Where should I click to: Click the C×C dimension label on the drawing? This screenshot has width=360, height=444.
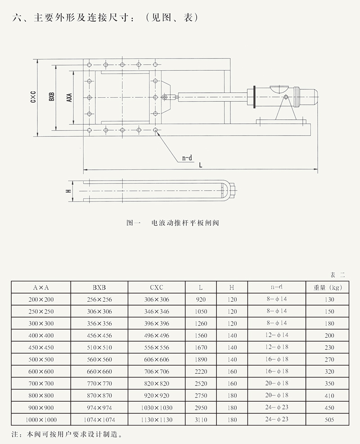[x=33, y=97]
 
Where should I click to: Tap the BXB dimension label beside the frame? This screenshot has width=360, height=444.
[x=52, y=97]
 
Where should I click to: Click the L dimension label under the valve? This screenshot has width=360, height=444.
[x=200, y=165]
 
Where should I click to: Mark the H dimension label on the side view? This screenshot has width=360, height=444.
[x=68, y=191]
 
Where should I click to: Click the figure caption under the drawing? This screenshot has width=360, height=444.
[x=173, y=222]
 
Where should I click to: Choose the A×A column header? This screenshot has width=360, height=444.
[x=41, y=287]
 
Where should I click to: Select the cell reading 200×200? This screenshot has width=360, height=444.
[x=41, y=299]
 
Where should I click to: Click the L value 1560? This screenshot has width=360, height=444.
[x=201, y=335]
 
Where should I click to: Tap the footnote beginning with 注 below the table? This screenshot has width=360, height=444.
[x=66, y=435]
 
